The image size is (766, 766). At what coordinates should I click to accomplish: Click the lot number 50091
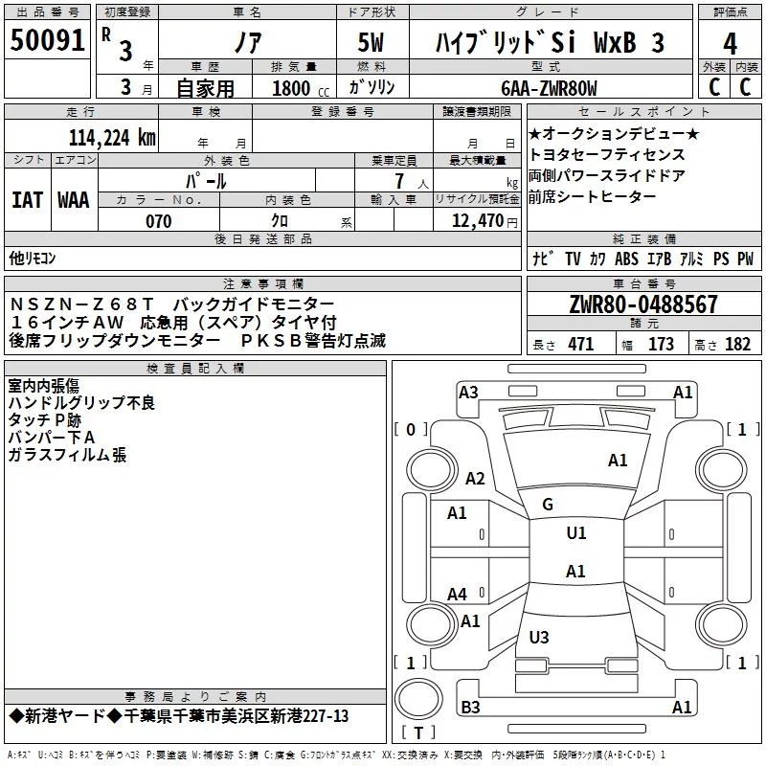click(x=47, y=40)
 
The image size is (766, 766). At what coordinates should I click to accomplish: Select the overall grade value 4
click(x=730, y=44)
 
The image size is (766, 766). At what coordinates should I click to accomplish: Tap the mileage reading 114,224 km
click(x=112, y=138)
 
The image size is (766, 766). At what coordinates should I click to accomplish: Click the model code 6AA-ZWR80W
click(x=549, y=88)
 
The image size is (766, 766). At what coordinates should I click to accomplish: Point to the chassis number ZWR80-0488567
click(x=643, y=304)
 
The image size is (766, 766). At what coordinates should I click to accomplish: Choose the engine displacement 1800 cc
click(x=301, y=88)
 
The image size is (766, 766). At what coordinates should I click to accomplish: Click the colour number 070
click(x=159, y=221)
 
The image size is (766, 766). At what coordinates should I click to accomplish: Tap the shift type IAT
click(x=28, y=200)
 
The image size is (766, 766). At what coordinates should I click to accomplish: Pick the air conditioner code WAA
click(x=74, y=200)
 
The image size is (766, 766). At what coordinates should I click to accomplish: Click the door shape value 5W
click(x=371, y=42)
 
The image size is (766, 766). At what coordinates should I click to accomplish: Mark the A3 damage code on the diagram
click(x=468, y=393)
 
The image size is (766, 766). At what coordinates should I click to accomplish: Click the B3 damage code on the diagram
click(x=470, y=707)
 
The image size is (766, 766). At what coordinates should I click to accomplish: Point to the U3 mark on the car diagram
click(x=539, y=637)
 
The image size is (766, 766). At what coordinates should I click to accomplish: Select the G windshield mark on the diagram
click(x=548, y=505)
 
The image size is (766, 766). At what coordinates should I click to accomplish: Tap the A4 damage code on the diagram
click(x=458, y=595)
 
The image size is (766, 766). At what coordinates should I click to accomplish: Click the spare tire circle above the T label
click(x=418, y=699)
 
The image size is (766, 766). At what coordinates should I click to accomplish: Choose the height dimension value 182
click(x=737, y=344)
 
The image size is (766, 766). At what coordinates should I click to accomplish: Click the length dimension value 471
click(x=581, y=344)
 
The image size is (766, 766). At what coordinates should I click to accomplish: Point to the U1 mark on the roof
click(x=576, y=533)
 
